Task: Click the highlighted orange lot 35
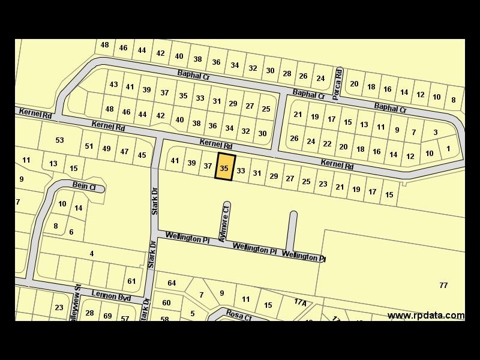coord(224,167)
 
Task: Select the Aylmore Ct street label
coord(226,222)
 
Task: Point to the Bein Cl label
coord(85,187)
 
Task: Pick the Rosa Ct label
coord(238,314)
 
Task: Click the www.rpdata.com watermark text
coord(425,316)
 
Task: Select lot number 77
coord(443,285)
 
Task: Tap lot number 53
coord(59,140)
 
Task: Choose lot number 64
coord(172,283)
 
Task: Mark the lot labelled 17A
coord(300,302)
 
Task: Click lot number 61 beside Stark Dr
coord(131,281)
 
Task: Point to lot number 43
coord(113,85)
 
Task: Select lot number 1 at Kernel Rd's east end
coord(448,148)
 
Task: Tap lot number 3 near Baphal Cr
coord(435,133)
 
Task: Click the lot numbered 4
coord(92,254)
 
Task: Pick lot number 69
coord(107,316)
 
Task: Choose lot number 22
coord(327,144)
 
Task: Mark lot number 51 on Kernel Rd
coord(89,146)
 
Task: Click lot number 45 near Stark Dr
coord(142,155)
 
